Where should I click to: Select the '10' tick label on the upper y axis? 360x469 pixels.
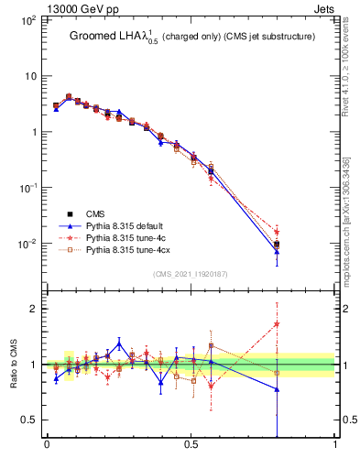[29, 76]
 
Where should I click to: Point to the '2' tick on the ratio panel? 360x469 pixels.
[34, 309]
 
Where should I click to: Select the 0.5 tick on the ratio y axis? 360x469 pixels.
[29, 420]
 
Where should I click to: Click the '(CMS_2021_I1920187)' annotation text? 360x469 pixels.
[191, 274]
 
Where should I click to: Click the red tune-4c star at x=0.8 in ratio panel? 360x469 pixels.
[277, 323]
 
